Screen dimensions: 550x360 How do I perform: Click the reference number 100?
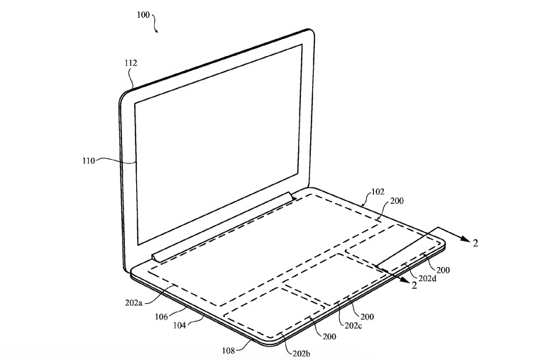(143, 15)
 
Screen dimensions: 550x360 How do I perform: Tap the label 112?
(131, 63)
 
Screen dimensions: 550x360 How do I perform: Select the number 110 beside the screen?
(89, 161)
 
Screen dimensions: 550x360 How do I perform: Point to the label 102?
(378, 192)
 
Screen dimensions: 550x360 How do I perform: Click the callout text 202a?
(133, 302)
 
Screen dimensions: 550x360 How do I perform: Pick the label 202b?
(302, 354)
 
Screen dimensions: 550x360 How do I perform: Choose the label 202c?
(353, 326)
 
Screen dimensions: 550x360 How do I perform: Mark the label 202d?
(427, 278)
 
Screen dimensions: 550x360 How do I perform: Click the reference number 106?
(161, 317)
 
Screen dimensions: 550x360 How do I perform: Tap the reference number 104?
(180, 325)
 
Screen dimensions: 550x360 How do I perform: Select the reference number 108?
(229, 350)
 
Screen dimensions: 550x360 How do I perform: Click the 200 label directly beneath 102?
(397, 201)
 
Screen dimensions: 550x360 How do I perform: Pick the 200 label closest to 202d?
(443, 270)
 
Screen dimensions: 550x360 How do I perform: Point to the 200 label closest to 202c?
(367, 317)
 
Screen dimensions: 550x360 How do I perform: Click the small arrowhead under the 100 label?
(156, 31)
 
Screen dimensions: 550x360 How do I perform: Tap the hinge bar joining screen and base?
(224, 227)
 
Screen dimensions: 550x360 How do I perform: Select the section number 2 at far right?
(475, 243)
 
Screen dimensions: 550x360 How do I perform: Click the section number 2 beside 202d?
(414, 285)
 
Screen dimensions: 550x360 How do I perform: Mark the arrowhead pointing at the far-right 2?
(465, 239)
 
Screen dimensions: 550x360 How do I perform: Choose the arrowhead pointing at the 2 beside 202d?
(404, 280)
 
